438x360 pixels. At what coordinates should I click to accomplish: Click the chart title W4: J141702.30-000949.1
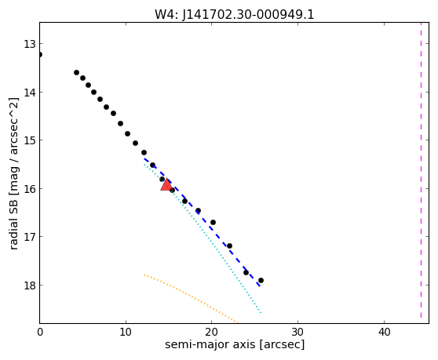coord(235,15)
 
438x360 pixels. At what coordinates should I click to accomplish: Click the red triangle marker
coord(166,185)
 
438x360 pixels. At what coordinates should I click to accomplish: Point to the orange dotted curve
coord(192,297)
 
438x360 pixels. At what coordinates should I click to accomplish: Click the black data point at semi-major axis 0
coord(40,54)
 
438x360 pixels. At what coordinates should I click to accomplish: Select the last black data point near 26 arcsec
coord(261,280)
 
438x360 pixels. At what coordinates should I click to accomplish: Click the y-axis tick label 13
coord(29,44)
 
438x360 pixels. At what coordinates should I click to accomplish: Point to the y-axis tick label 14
coord(29,93)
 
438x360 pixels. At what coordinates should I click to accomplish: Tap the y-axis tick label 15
coord(29,140)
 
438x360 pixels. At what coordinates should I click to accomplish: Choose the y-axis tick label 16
coord(29,189)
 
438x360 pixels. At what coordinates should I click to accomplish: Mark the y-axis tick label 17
coord(29,237)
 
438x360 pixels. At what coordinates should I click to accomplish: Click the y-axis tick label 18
coord(29,285)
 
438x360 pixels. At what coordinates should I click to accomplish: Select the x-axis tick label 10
coord(126,332)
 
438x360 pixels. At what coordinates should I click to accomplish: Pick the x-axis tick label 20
coord(211,332)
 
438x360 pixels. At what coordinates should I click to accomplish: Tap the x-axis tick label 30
coord(297,332)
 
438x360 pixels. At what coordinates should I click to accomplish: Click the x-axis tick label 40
coord(384,332)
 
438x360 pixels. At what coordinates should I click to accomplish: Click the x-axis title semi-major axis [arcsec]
coord(235,344)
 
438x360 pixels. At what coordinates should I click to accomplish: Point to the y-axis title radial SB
coord(13,223)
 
